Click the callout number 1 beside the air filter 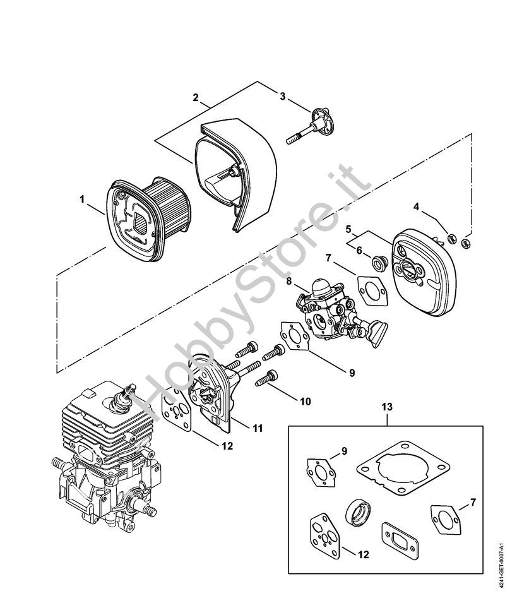pyautogui.click(x=82, y=199)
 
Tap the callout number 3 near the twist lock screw pyautogui.click(x=283, y=96)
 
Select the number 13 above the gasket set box pyautogui.click(x=387, y=407)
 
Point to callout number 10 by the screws pyautogui.click(x=306, y=402)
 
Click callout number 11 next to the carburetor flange pyautogui.click(x=258, y=428)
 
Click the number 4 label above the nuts pyautogui.click(x=416, y=206)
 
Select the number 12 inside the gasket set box pyautogui.click(x=364, y=554)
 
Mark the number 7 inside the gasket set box pyautogui.click(x=473, y=502)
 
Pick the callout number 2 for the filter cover pyautogui.click(x=195, y=97)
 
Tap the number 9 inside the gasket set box pyautogui.click(x=344, y=451)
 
